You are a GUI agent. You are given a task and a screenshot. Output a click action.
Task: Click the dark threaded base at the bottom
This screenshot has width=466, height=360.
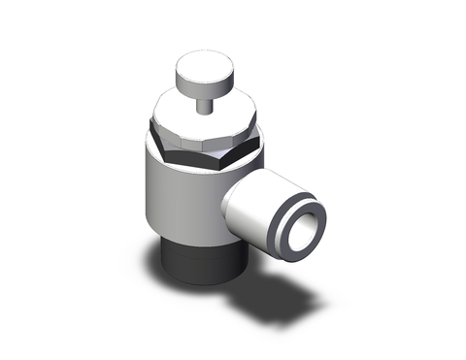[x=194, y=260]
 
